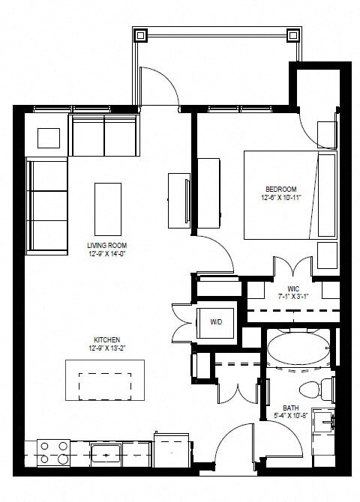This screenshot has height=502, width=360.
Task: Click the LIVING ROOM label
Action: pos(106,244)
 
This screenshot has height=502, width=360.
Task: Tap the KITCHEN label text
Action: pos(107,339)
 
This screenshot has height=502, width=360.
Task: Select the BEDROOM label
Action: pos(281,188)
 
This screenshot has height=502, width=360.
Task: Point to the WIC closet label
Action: pos(293,288)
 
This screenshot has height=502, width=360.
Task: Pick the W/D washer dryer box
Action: pos(216,322)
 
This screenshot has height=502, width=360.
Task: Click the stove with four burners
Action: pos(54,451)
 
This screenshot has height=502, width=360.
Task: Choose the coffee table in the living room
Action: pos(107,208)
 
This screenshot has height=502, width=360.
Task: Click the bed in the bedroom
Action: pos(289,194)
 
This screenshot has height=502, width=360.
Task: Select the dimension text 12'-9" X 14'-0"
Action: pos(106,252)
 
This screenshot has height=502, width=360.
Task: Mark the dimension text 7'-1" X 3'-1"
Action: pos(293,296)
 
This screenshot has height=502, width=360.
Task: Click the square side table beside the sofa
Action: pos(49,139)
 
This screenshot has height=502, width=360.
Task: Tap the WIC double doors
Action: pos(292,268)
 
